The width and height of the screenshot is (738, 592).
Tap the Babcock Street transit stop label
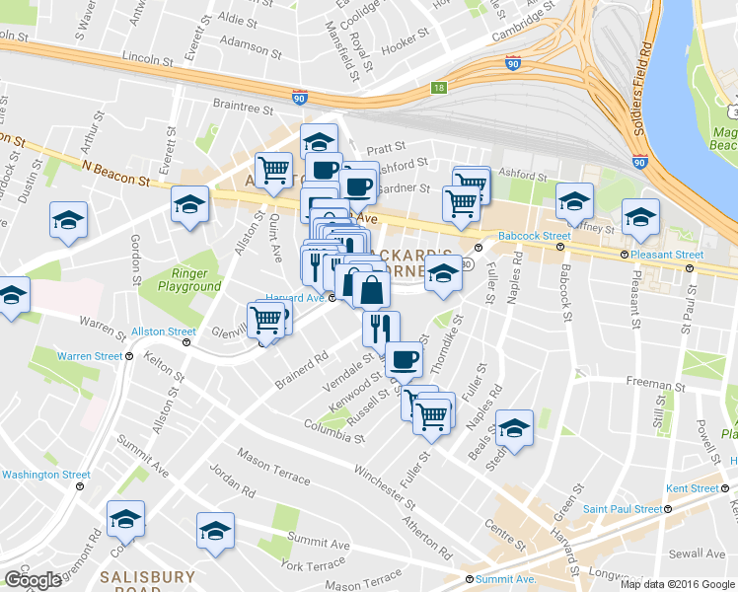pyautogui.click(x=534, y=236)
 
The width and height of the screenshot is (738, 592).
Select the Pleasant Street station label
pyautogui.click(x=668, y=255)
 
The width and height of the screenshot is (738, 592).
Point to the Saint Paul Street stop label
pyautogui.click(x=622, y=509)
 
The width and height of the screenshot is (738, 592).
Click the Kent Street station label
pyautogui.click(x=692, y=488)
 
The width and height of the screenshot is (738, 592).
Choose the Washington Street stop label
pyautogui.click(x=45, y=475)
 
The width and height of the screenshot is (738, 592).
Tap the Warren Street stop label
pyautogui.click(x=89, y=356)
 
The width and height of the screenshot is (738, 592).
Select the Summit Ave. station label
pyautogui.click(x=505, y=578)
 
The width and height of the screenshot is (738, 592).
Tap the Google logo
pyautogui.click(x=33, y=579)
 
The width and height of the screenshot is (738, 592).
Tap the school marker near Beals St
pyautogui.click(x=513, y=426)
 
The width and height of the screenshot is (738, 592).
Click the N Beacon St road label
pyautogui.click(x=115, y=174)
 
